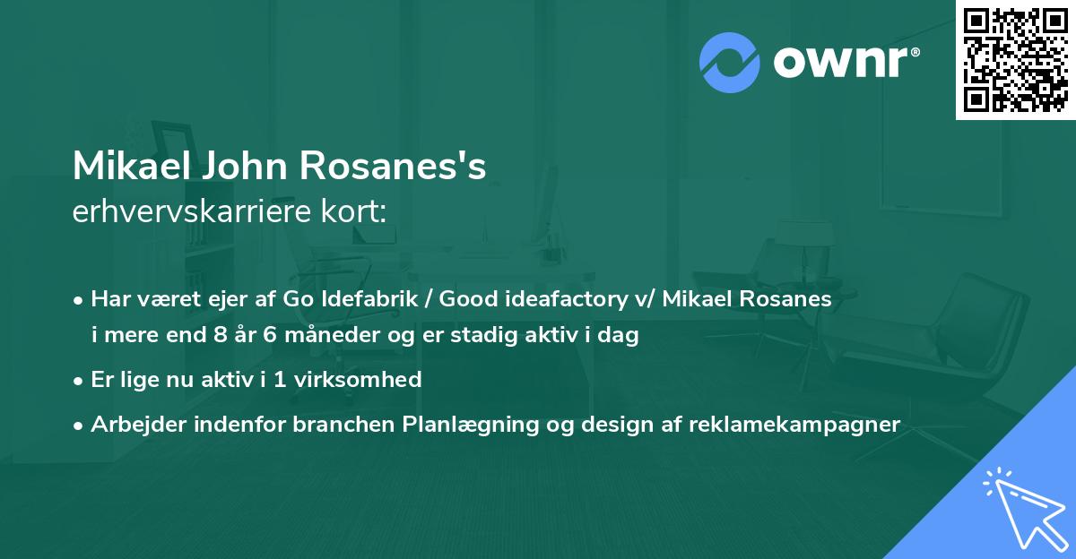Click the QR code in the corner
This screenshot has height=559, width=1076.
(x=1016, y=59)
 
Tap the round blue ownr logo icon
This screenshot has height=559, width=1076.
(x=730, y=63)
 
